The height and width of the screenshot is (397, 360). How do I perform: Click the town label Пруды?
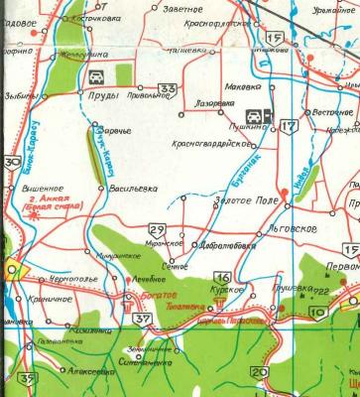tap(104, 96)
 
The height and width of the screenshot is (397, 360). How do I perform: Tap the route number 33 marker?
tap(170, 89)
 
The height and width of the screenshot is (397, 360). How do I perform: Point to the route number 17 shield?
tap(287, 125)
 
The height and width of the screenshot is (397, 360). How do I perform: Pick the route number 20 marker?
tap(259, 371)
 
